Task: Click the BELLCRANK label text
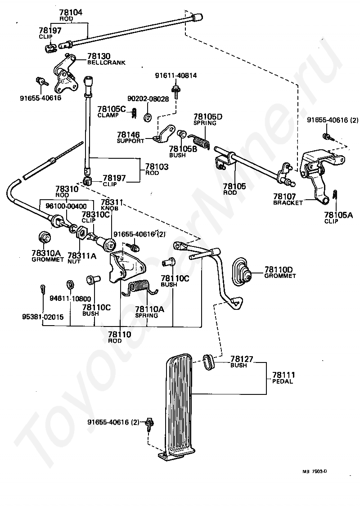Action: (x=106, y=63)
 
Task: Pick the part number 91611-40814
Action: (x=176, y=76)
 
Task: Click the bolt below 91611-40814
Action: (x=176, y=91)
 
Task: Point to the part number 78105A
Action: (x=338, y=215)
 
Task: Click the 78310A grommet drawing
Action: (x=45, y=237)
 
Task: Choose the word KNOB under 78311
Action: (x=110, y=208)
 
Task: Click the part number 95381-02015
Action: (x=43, y=317)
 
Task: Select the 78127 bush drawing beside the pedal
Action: (x=209, y=362)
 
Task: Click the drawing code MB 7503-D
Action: (x=315, y=471)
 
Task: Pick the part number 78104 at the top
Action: (x=71, y=13)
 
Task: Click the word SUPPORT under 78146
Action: (x=130, y=141)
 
